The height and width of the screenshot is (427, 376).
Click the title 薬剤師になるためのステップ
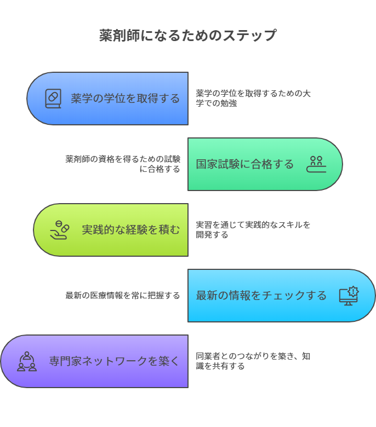[188, 36]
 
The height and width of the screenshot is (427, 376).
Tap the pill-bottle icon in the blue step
[53, 99]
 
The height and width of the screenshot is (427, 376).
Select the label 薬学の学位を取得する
[125, 99]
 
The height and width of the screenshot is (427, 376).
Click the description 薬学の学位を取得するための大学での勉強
[253, 98]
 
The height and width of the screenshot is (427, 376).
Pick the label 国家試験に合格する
[245, 164]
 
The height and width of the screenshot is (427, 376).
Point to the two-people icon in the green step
[316, 164]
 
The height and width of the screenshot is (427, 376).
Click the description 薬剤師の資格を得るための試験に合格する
[123, 164]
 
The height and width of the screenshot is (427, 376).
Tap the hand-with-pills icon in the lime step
[60, 230]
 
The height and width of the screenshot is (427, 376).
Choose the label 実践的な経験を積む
[130, 230]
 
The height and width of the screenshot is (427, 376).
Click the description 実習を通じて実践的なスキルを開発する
[253, 229]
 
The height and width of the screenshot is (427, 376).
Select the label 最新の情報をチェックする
[261, 296]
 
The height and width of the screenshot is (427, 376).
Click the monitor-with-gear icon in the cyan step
[349, 296]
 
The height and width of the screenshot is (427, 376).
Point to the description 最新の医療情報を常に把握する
[123, 296]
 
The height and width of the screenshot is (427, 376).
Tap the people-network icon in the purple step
[27, 361]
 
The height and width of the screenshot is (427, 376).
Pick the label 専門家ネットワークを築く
[114, 361]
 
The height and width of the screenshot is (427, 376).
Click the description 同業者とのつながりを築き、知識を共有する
[253, 361]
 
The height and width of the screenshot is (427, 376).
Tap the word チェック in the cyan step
[280, 296]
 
